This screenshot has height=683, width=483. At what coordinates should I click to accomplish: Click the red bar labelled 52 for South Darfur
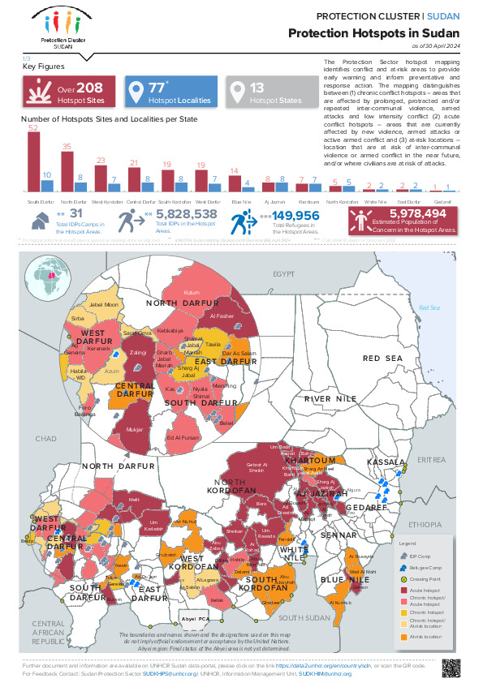pyautogui.click(x=33, y=163)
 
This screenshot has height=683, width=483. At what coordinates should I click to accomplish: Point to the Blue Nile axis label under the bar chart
pyautogui.click(x=241, y=200)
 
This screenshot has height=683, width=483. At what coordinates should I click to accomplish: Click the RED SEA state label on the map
pyautogui.click(x=382, y=358)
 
